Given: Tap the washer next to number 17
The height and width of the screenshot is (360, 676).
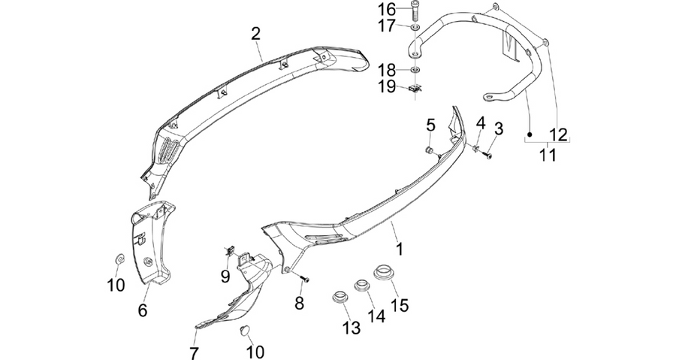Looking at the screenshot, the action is [x=415, y=28].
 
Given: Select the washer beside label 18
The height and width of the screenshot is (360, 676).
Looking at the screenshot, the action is [x=415, y=69].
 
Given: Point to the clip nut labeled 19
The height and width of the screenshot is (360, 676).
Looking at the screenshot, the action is [x=415, y=89].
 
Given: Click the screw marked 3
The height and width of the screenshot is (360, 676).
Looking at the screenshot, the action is [x=488, y=154].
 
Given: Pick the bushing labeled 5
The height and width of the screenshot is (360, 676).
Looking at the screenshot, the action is [x=430, y=150].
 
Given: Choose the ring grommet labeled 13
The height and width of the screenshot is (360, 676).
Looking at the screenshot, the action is [x=341, y=297].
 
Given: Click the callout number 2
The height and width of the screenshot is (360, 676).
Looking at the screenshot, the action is [x=255, y=34].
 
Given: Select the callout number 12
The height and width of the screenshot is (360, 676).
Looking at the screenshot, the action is [x=559, y=135].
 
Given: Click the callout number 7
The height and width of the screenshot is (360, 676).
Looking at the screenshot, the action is [x=194, y=352].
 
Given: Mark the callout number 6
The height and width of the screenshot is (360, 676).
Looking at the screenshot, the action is [x=142, y=309].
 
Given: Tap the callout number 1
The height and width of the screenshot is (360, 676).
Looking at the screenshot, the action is [x=400, y=249].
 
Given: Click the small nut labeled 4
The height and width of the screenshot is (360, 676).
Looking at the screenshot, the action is [x=476, y=148].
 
